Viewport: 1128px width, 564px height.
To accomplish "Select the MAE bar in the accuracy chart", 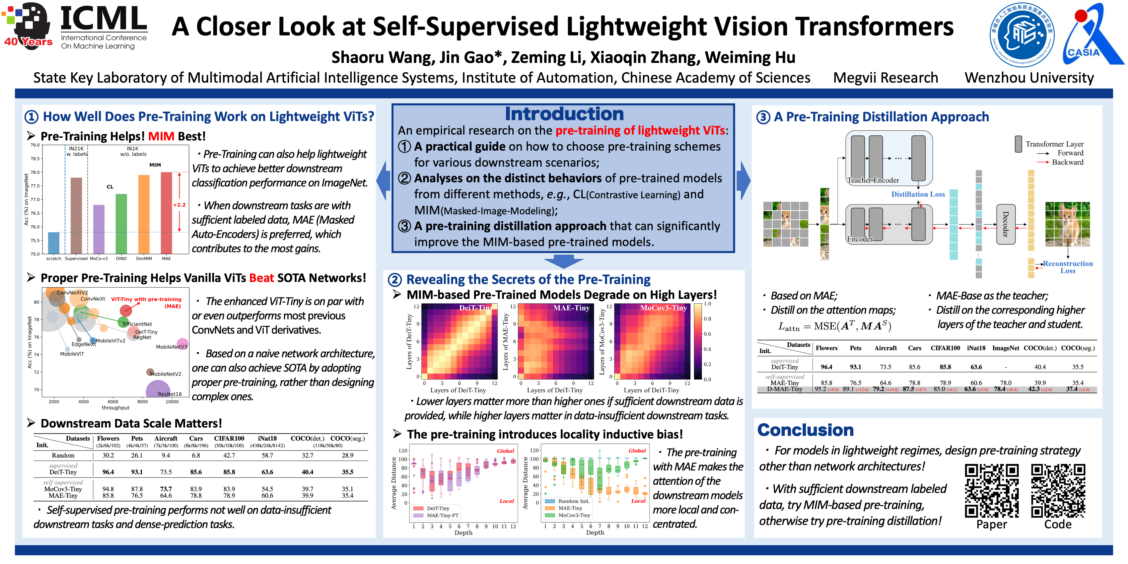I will tap(166, 213).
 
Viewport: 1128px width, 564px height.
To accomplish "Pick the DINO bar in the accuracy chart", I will tap(121, 223).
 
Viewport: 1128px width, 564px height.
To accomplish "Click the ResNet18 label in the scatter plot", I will tap(169, 394).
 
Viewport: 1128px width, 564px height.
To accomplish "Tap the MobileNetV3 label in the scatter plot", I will tap(171, 347).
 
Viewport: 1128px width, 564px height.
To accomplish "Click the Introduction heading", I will tap(564, 114).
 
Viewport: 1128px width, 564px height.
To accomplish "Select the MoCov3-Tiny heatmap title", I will tap(663, 308).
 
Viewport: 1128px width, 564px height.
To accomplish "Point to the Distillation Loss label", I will tap(918, 194).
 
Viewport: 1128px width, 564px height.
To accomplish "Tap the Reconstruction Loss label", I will tap(1068, 267).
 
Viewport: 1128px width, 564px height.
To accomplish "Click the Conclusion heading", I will tap(805, 430).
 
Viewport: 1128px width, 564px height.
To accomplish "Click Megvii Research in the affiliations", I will tap(885, 78).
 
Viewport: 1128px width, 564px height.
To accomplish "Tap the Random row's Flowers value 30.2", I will tap(108, 455).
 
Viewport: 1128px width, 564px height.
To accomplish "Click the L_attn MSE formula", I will tap(834, 326).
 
